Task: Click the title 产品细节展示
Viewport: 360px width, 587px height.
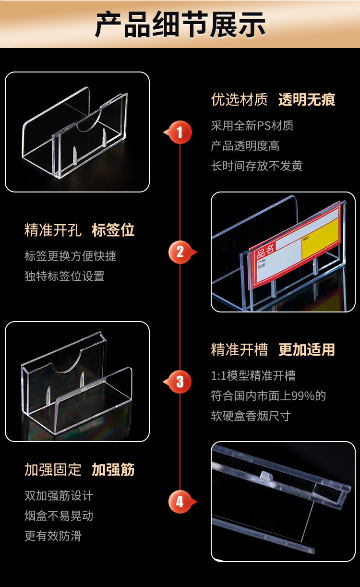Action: pyautogui.click(x=180, y=25)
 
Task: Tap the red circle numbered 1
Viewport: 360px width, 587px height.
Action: pyautogui.click(x=180, y=132)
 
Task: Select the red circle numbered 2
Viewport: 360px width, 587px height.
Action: pyautogui.click(x=180, y=252)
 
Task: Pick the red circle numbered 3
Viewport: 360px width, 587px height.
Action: pyautogui.click(x=180, y=382)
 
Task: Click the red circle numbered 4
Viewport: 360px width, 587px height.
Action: pyautogui.click(x=180, y=502)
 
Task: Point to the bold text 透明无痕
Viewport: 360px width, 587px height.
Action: pyautogui.click(x=306, y=100)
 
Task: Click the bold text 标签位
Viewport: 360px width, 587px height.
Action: pyautogui.click(x=113, y=230)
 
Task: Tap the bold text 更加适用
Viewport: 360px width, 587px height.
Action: pyautogui.click(x=306, y=350)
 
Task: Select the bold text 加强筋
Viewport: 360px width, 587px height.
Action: pyautogui.click(x=113, y=470)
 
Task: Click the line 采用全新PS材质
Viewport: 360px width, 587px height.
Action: pyautogui.click(x=252, y=126)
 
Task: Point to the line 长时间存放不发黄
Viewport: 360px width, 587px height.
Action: pyautogui.click(x=257, y=166)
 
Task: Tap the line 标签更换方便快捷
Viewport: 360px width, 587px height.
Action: pyautogui.click(x=70, y=256)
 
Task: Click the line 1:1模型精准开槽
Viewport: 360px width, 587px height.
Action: pyautogui.click(x=253, y=376)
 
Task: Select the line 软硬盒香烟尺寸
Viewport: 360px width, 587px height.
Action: pyautogui.click(x=251, y=416)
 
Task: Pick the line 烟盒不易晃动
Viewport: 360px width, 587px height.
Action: pyautogui.click(x=59, y=516)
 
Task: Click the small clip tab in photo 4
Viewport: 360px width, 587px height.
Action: pyautogui.click(x=264, y=475)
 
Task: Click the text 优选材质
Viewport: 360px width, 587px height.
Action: pyautogui.click(x=239, y=100)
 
